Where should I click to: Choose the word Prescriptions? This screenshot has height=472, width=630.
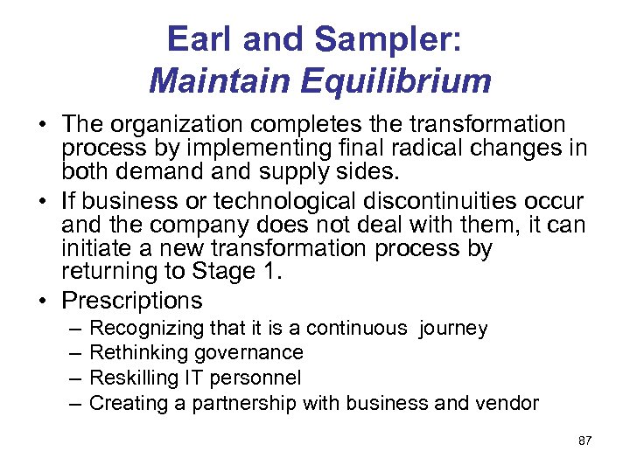pyautogui.click(x=132, y=301)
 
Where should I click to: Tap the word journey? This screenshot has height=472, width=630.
pyautogui.click(x=453, y=329)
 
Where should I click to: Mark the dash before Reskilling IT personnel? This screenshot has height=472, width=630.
pyautogui.click(x=74, y=378)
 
